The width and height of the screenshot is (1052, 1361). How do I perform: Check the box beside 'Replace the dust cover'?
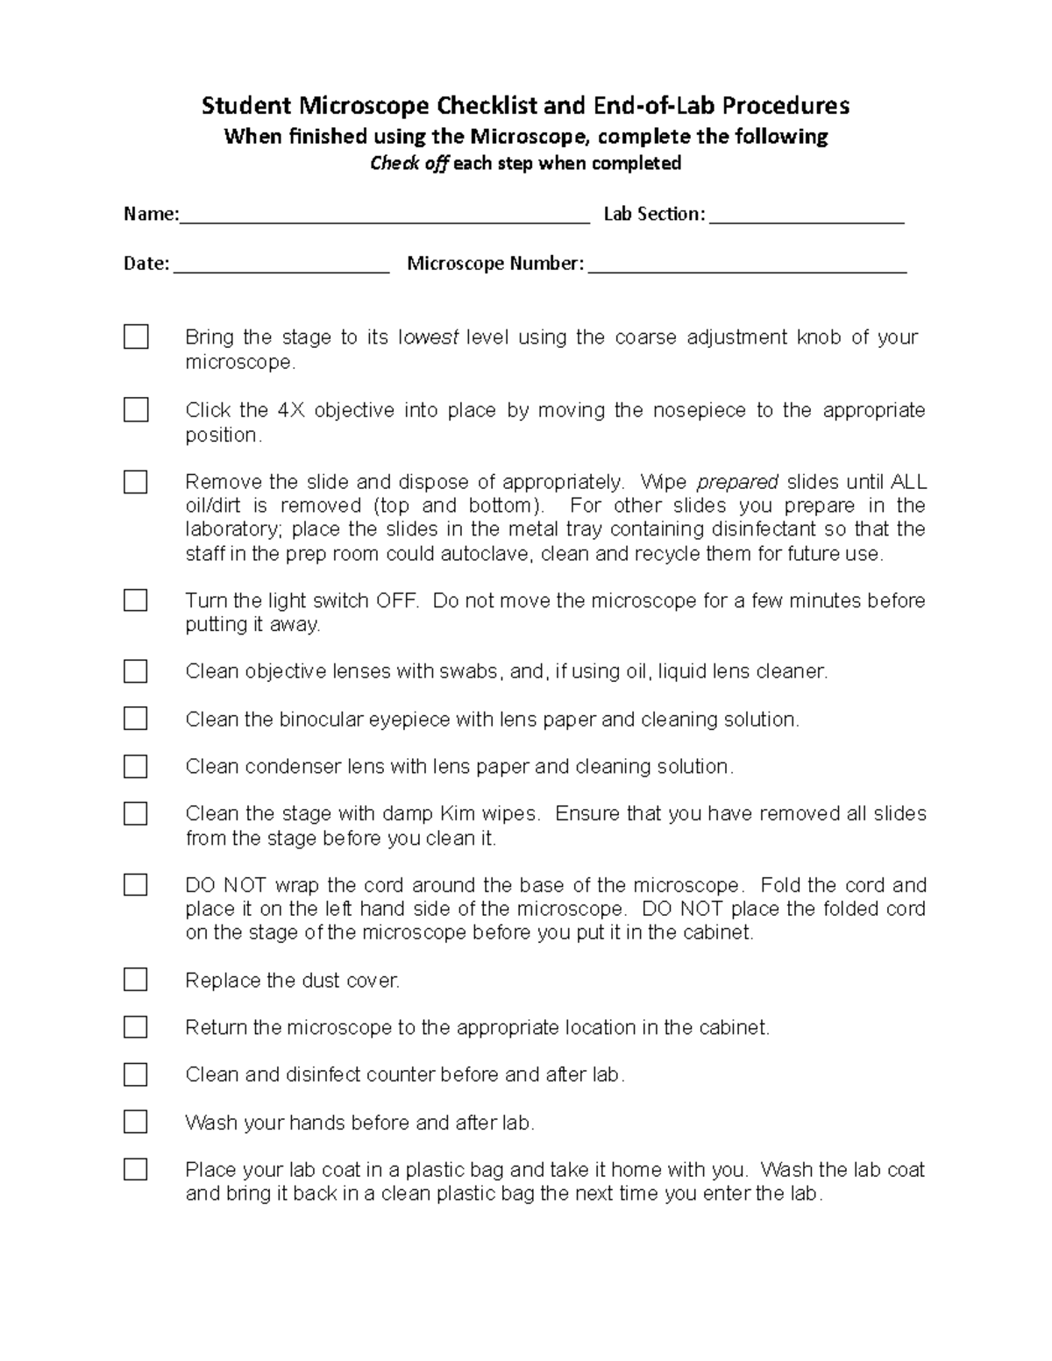135,979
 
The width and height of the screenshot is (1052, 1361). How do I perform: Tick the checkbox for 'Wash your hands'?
135,1121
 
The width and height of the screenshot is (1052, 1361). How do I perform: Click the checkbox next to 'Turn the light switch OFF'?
135,599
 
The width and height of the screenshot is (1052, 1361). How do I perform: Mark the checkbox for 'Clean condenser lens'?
135,766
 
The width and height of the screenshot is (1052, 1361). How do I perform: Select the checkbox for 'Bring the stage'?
136,337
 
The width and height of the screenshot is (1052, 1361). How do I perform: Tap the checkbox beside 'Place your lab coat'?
135,1168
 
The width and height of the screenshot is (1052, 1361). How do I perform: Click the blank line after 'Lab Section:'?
807,219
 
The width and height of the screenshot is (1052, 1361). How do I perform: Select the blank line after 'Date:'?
281,268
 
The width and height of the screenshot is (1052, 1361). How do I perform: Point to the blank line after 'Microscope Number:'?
747,268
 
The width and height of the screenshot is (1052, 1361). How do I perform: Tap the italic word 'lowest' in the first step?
429,337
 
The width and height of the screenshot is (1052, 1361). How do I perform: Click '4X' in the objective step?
291,410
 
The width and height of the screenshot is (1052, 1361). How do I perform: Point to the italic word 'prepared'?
736,482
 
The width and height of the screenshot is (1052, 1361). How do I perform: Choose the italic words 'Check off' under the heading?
409,164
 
